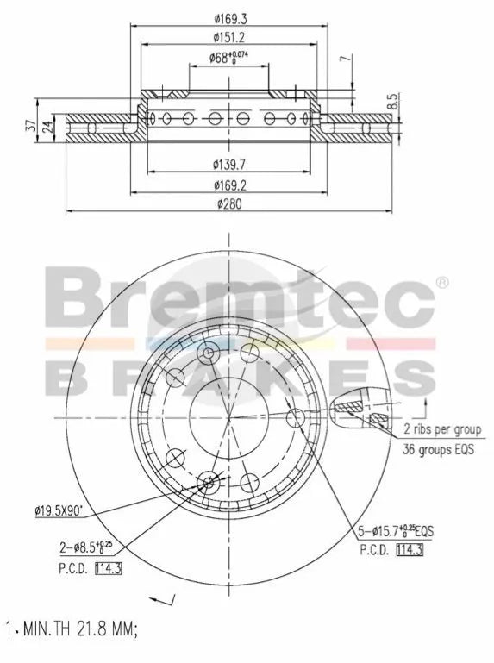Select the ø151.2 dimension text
pos(228,36)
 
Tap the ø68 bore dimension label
pos(228,58)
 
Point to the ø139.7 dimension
pos(228,163)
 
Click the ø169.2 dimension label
pos(228,184)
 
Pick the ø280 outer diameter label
pos(228,204)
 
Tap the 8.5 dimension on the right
pos(392,101)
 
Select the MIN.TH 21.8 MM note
pos(71,629)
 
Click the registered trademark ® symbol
pos(441,281)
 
